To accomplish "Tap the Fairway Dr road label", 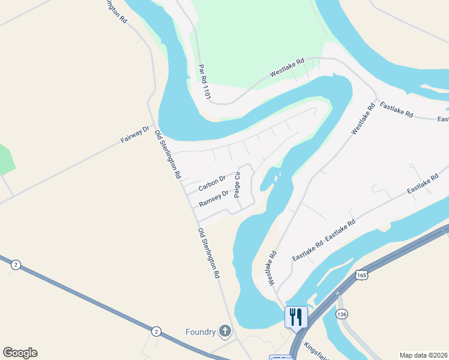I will (134, 134).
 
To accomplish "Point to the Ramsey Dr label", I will (214, 197).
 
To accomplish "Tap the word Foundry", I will (200, 331).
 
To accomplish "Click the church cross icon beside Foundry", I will (224, 331).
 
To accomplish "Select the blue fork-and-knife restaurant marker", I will (296, 316).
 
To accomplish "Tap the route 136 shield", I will (342, 314).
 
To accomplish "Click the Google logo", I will (20, 353).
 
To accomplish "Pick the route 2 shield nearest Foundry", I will (156, 331).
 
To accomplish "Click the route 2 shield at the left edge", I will (16, 265).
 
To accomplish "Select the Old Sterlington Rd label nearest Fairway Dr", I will (167, 154).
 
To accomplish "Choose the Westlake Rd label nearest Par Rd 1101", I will (287, 67).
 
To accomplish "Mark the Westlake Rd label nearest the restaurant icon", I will (271, 267).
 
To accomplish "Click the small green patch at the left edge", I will (6, 159).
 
